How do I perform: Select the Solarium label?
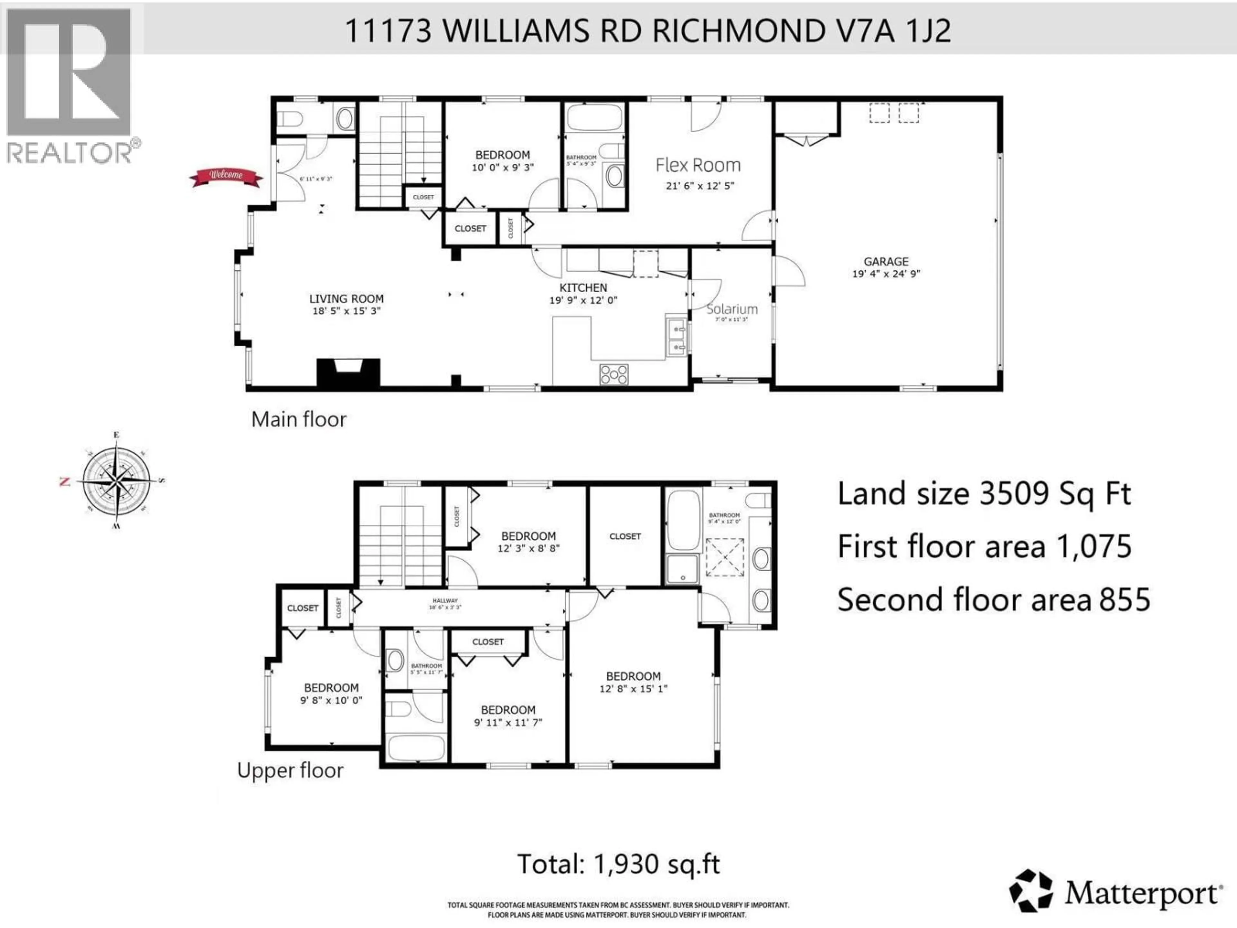click(732, 309)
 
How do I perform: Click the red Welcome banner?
click(226, 177)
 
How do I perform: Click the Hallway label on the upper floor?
click(445, 601)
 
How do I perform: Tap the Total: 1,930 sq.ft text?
click(618, 864)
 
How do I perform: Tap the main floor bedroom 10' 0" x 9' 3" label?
click(502, 155)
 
